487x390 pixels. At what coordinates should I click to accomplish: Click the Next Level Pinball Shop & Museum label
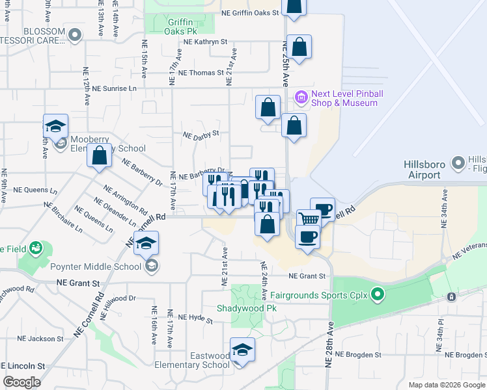[347, 98]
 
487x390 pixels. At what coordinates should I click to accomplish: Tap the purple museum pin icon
[301, 98]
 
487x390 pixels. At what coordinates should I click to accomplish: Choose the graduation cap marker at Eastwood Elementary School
[242, 350]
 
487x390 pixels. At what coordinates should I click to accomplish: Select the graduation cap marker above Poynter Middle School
[146, 242]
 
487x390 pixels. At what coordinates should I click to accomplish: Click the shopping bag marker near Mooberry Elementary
[99, 156]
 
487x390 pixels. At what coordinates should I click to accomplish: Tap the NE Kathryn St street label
[205, 41]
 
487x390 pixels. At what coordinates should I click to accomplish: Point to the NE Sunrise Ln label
[115, 88]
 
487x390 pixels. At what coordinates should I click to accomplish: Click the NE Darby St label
[201, 136]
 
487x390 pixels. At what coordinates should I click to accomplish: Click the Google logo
[22, 382]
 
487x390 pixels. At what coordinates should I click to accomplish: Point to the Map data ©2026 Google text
[446, 385]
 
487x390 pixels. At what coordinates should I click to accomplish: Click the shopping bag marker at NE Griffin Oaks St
[294, 6]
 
